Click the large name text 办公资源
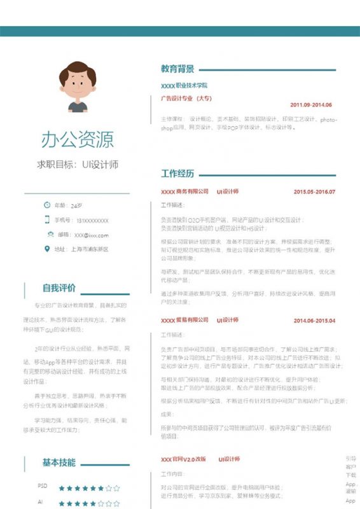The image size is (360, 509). (x=78, y=139)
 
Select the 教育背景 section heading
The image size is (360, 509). (x=177, y=69)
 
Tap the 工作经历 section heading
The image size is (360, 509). (x=177, y=174)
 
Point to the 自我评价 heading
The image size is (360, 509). (x=59, y=288)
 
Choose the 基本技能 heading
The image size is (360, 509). (x=59, y=462)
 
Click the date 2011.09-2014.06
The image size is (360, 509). (x=311, y=105)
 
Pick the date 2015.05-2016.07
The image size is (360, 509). (x=314, y=192)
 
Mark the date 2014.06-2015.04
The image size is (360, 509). (x=314, y=321)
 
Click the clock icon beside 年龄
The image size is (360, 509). (x=47, y=205)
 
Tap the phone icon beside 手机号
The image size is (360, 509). (x=47, y=220)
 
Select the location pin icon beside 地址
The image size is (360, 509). (x=47, y=249)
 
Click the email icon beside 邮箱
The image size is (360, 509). (x=47, y=235)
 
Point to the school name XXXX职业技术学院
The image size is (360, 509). (x=184, y=85)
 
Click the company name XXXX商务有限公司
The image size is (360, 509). (x=184, y=192)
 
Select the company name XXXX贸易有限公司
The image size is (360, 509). (x=184, y=321)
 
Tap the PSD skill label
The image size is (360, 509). (x=43, y=486)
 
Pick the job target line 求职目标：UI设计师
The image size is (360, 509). (x=78, y=165)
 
